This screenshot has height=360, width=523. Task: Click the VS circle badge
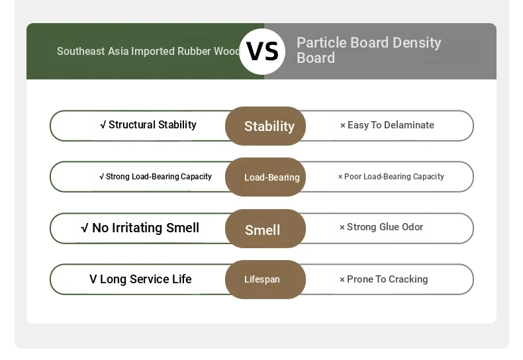coord(262,52)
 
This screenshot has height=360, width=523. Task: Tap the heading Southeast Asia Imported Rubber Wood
coord(148,52)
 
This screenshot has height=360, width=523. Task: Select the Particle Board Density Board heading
coord(369,50)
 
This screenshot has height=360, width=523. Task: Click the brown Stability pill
coord(265,126)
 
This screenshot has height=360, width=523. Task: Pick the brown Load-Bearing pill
coord(265,177)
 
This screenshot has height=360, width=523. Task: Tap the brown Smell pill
coord(265,229)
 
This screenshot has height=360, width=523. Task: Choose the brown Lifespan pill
coord(265,279)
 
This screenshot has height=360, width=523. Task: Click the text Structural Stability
coord(152,124)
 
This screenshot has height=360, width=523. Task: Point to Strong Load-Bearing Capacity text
coord(159,177)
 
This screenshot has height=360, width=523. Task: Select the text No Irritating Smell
coord(146,228)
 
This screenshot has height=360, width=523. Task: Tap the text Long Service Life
coord(146,279)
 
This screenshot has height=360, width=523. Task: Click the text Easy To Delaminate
coord(391,125)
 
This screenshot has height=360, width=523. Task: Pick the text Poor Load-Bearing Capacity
coord(394,177)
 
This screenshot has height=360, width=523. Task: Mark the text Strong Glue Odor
coord(385,227)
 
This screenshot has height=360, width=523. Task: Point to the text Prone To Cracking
coord(387,279)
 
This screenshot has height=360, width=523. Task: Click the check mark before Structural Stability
coord(103,125)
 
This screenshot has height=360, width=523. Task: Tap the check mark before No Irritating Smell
coord(85,228)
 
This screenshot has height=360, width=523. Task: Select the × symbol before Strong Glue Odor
coord(342,228)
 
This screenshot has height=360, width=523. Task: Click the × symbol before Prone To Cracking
coord(342,280)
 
